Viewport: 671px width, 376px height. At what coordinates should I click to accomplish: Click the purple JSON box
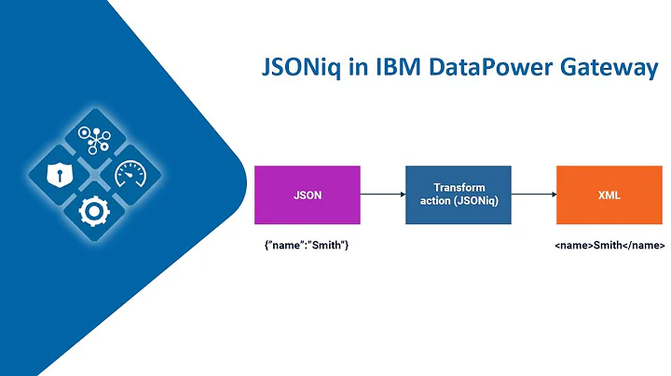click(x=307, y=195)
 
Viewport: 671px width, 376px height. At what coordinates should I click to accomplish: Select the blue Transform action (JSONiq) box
click(x=458, y=195)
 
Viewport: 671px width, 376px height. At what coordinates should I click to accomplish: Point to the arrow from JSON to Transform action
click(x=382, y=195)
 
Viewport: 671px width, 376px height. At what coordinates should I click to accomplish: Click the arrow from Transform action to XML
click(x=533, y=195)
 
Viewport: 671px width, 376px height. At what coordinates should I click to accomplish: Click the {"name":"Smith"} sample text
click(x=307, y=247)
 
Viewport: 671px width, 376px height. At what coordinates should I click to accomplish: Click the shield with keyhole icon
click(x=59, y=174)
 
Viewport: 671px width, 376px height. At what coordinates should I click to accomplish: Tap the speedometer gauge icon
click(x=130, y=174)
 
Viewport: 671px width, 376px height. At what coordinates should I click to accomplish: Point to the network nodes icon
click(x=94, y=138)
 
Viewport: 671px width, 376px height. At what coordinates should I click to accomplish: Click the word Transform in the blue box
click(x=458, y=188)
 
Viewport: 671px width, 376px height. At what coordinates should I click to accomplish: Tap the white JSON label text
click(x=307, y=195)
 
